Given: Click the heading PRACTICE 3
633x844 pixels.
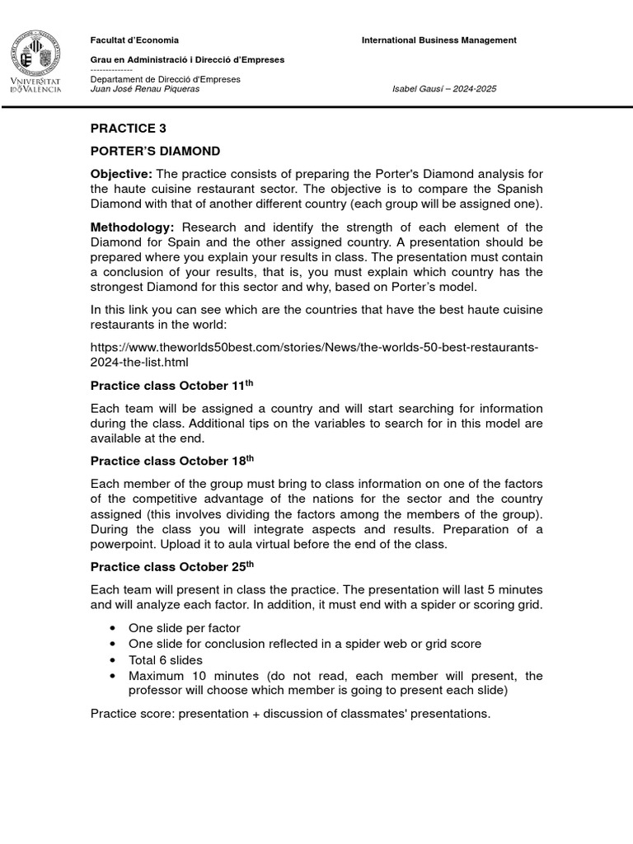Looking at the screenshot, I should click(123, 128).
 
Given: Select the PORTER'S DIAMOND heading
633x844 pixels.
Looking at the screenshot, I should click(155, 152).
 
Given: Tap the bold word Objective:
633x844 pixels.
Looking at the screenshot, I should click(121, 174).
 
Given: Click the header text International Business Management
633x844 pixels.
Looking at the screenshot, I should click(439, 40).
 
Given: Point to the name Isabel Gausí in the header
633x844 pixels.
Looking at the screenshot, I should click(421, 89).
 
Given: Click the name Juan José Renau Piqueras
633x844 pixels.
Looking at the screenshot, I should click(145, 89).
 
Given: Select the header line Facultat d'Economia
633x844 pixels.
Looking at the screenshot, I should click(134, 40).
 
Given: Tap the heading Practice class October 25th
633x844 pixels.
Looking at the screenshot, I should click(172, 566).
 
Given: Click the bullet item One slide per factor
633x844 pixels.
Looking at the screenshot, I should click(184, 628).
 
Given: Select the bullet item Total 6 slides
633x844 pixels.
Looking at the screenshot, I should click(166, 659).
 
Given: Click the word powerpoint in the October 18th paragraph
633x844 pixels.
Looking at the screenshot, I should click(124, 544).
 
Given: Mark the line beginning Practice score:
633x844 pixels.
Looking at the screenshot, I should click(290, 713).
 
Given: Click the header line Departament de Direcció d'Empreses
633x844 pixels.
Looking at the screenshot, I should click(165, 79).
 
